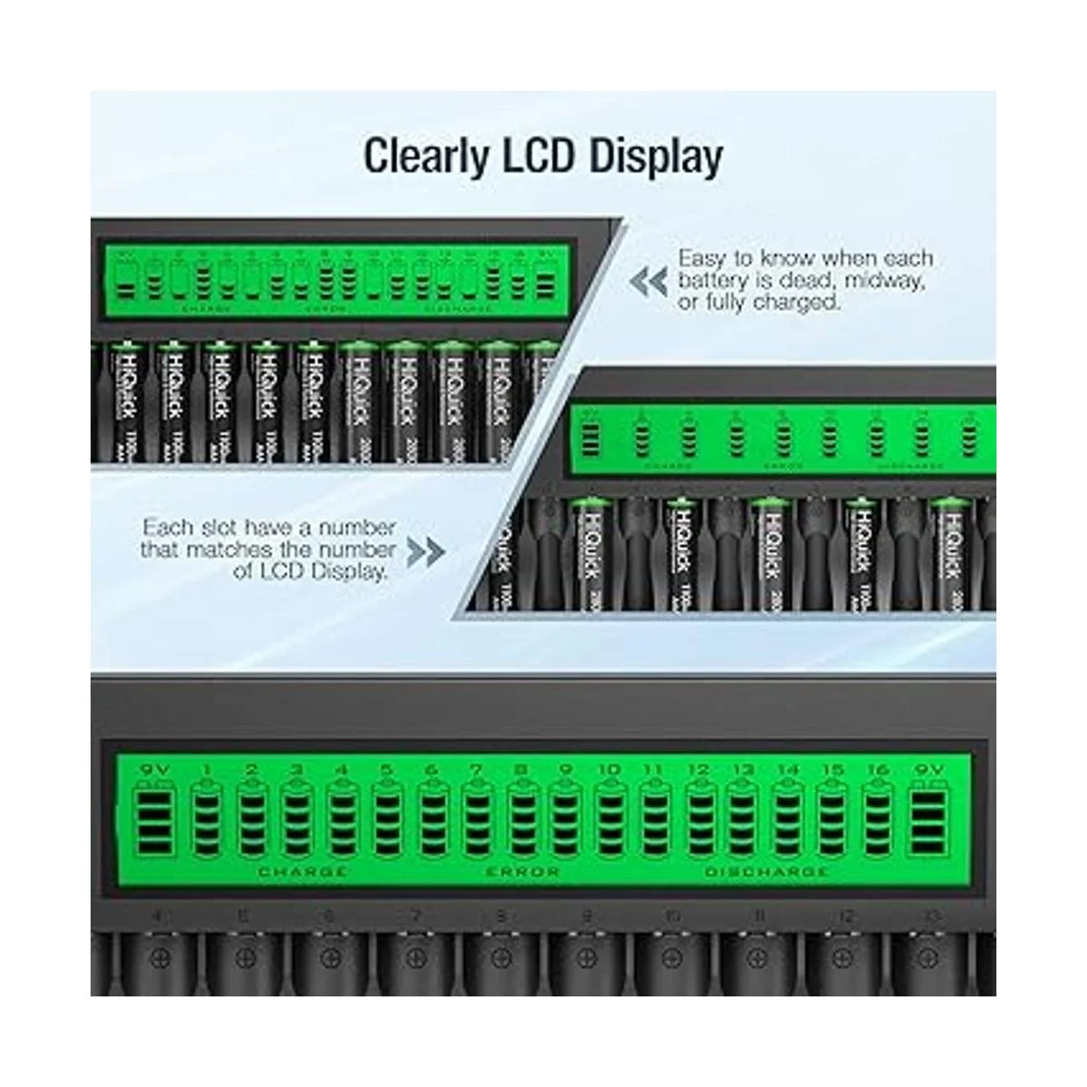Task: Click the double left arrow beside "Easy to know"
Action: click(x=649, y=282)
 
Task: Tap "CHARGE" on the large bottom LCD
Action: click(x=303, y=872)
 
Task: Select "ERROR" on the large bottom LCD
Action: click(x=523, y=872)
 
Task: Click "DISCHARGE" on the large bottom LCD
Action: click(x=766, y=872)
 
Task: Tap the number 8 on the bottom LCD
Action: click(x=521, y=770)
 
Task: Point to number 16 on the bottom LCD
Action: click(x=878, y=770)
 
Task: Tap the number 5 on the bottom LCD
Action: click(x=387, y=770)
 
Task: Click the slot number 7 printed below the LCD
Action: click(x=416, y=918)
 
